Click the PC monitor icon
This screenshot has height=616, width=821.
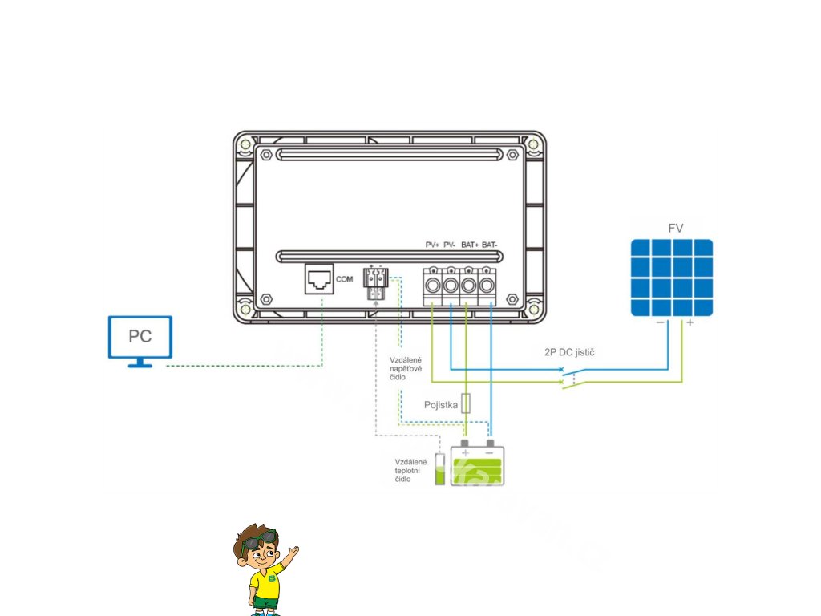pyautogui.click(x=140, y=338)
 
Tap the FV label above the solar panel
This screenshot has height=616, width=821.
pyautogui.click(x=676, y=229)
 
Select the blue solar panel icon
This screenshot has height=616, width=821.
pyautogui.click(x=671, y=278)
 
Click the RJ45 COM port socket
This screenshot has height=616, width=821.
pyautogui.click(x=320, y=280)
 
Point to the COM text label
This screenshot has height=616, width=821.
pyautogui.click(x=345, y=279)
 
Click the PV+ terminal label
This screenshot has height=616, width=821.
pyautogui.click(x=433, y=244)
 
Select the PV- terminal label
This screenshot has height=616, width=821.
pyautogui.click(x=450, y=244)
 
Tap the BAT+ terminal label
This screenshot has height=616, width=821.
pyautogui.click(x=470, y=244)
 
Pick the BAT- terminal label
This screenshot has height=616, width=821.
pyautogui.click(x=490, y=244)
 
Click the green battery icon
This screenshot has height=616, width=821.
pyautogui.click(x=479, y=464)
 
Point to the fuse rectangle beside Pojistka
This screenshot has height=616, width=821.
pyautogui.click(x=466, y=403)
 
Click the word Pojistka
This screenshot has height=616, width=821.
pyautogui.click(x=441, y=406)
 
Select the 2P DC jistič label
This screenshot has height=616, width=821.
pyautogui.click(x=568, y=352)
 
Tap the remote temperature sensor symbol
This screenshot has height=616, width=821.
pyautogui.click(x=439, y=468)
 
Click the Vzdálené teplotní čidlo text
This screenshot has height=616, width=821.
pyautogui.click(x=410, y=471)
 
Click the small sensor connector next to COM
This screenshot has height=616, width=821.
pyautogui.click(x=375, y=282)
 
